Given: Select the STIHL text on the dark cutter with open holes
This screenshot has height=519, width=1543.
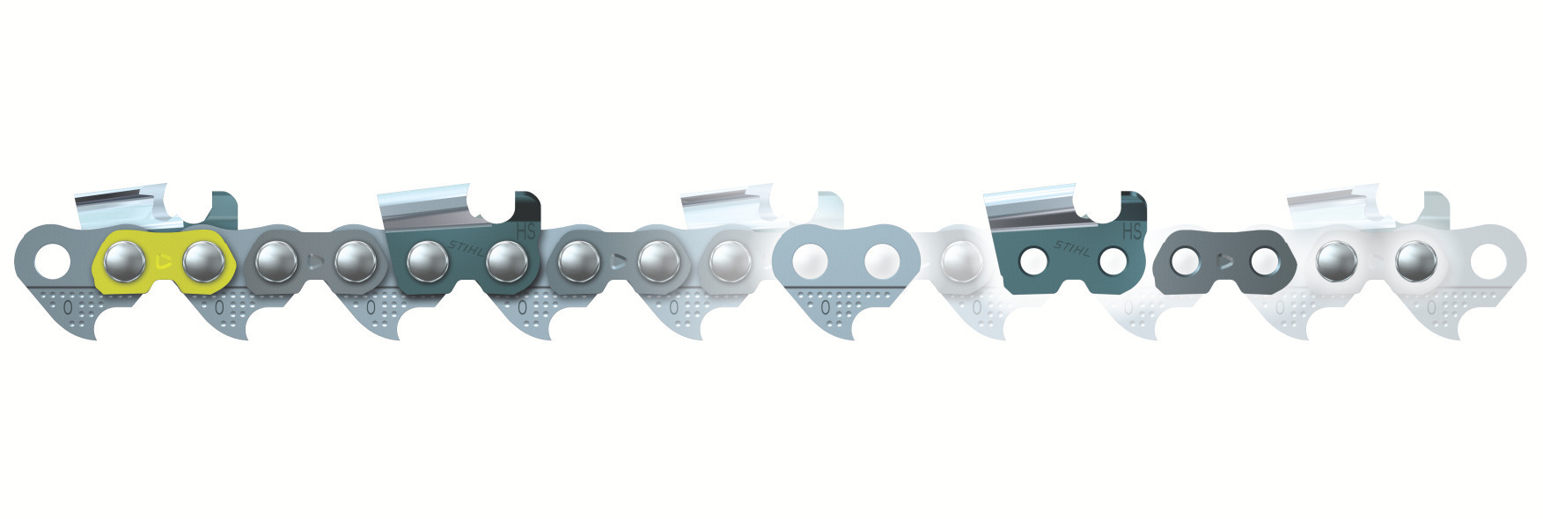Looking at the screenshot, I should (x=1074, y=249).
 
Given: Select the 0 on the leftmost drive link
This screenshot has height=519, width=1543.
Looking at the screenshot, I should (x=68, y=308).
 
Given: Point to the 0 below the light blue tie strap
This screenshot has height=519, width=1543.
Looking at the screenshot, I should (x=825, y=308).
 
